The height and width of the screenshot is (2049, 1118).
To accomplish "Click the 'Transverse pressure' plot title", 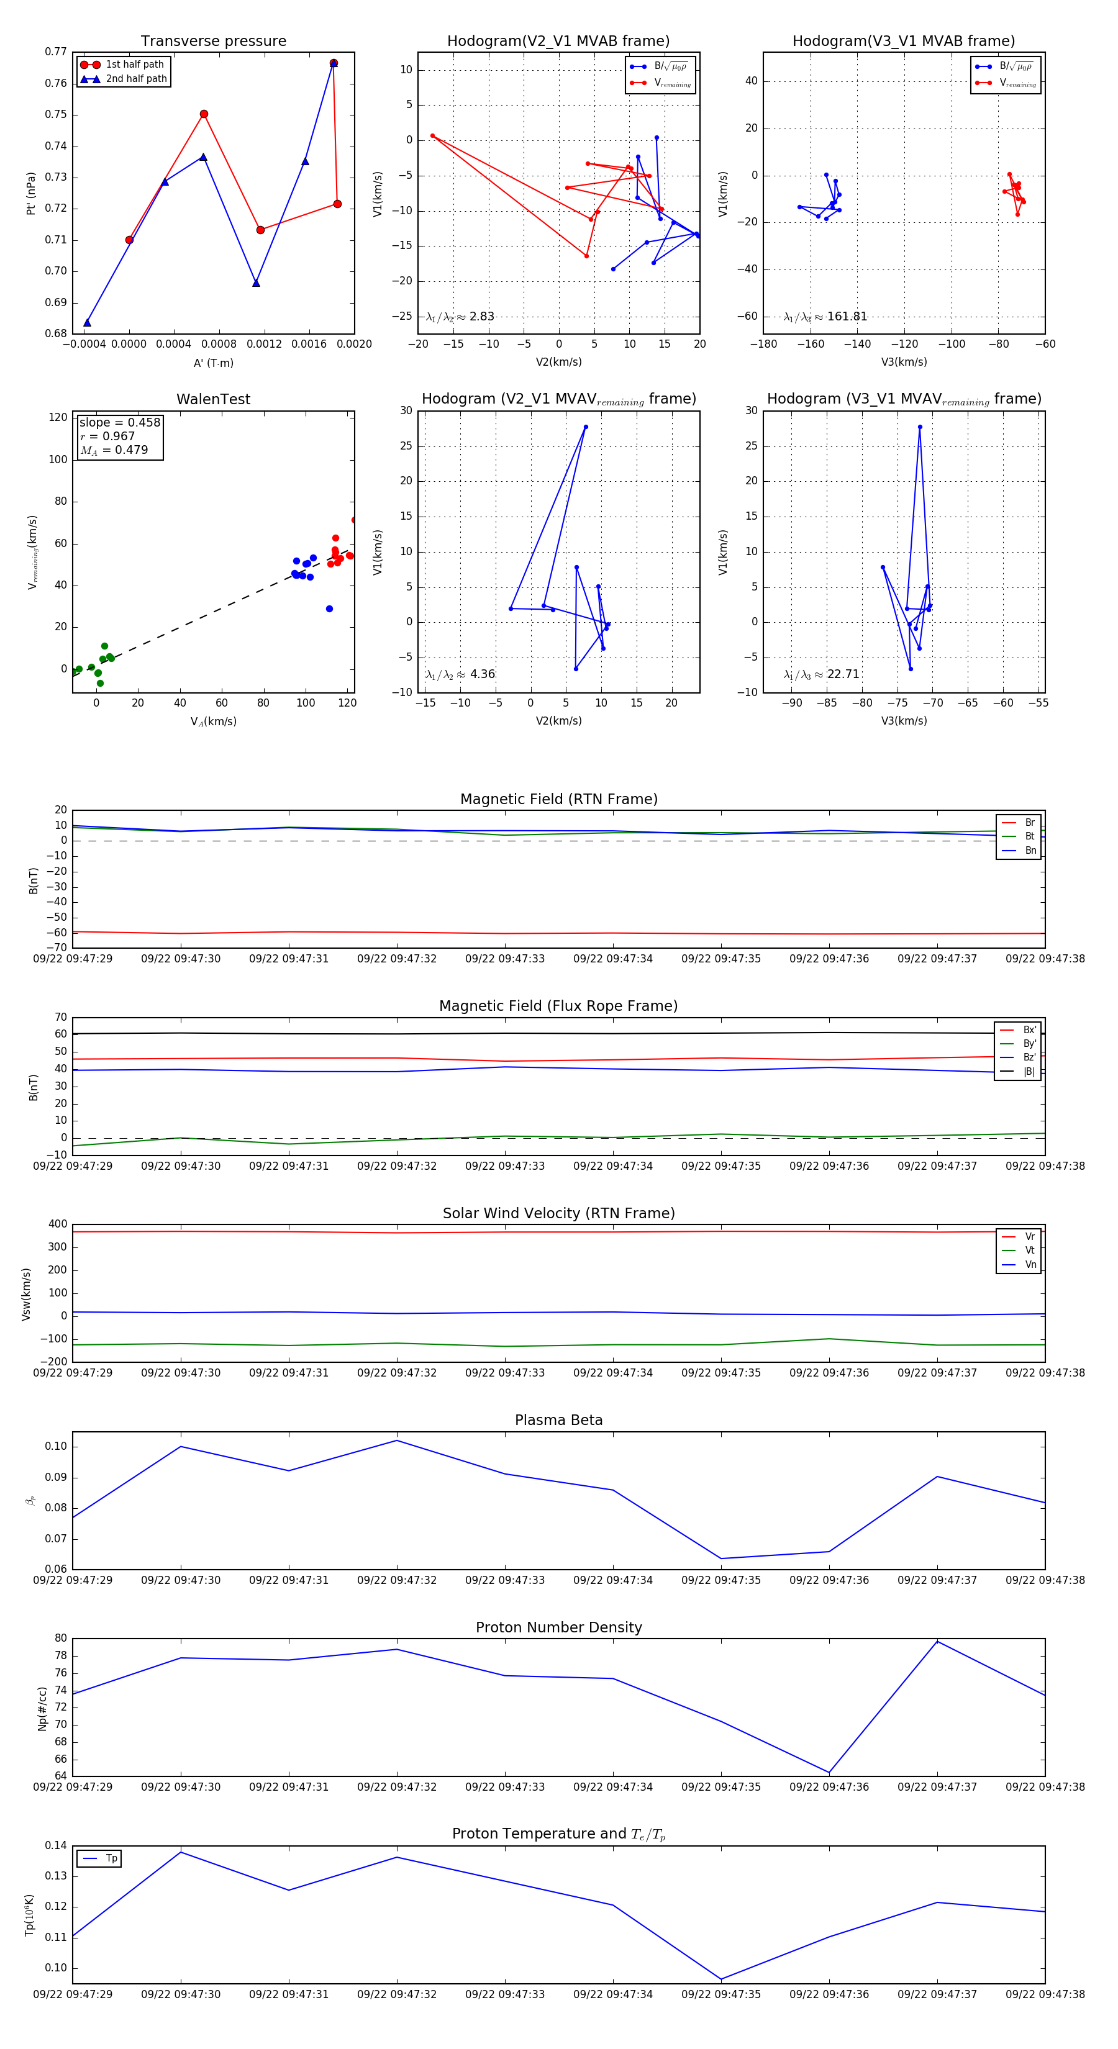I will pyautogui.click(x=213, y=42).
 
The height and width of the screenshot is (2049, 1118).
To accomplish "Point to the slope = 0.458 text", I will pyautogui.click(x=119, y=422).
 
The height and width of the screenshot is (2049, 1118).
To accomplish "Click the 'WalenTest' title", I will pyautogui.click(x=213, y=399).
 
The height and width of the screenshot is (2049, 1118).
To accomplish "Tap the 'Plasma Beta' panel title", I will pyautogui.click(x=558, y=1420).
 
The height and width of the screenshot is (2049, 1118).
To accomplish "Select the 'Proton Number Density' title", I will pyautogui.click(x=558, y=1627).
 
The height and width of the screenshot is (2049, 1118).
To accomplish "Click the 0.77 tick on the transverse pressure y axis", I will pyautogui.click(x=56, y=52).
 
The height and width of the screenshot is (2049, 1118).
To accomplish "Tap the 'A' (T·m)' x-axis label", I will pyautogui.click(x=213, y=363).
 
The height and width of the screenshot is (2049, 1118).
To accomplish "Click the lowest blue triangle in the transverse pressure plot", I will pyautogui.click(x=87, y=322).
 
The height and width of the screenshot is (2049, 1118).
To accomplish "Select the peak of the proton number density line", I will pyautogui.click(x=937, y=1641).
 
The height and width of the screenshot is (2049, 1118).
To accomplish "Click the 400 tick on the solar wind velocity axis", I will pyautogui.click(x=57, y=1224).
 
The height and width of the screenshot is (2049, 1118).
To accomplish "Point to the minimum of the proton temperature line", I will pyautogui.click(x=721, y=1979).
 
